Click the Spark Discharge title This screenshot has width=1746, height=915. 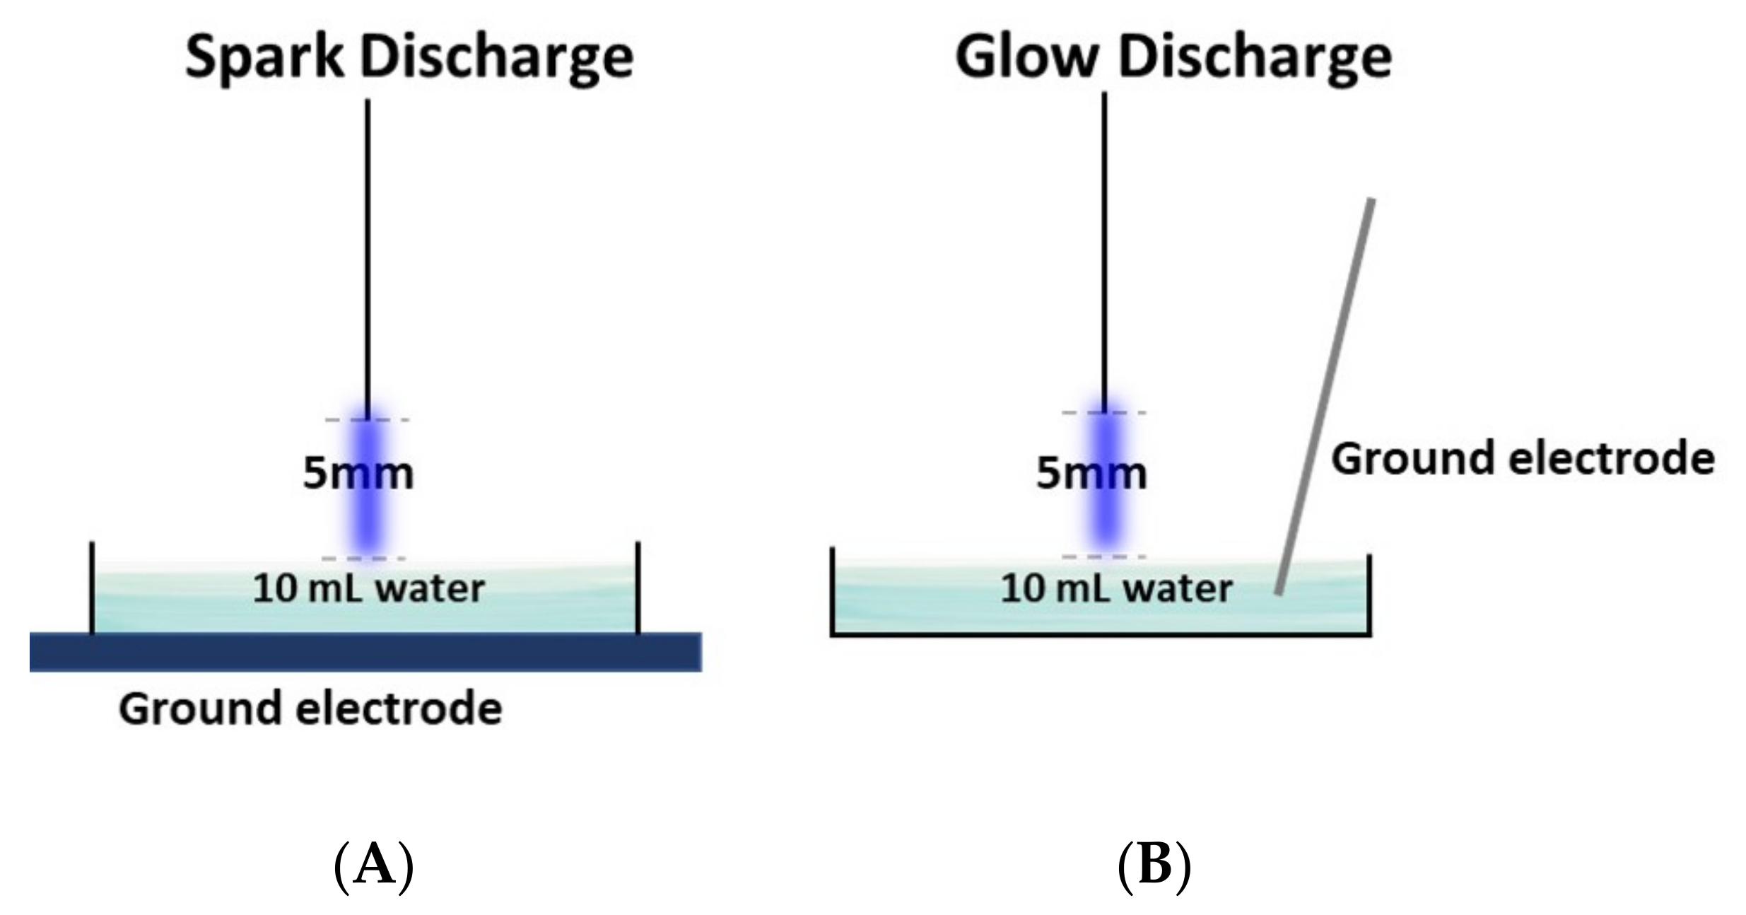tap(409, 58)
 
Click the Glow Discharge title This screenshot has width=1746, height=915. tap(1173, 58)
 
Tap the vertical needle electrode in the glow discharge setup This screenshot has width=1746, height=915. tap(1104, 247)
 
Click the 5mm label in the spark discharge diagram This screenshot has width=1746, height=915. tap(358, 473)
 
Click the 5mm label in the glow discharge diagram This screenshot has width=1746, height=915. tap(1091, 473)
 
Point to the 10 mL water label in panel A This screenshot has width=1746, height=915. tap(368, 588)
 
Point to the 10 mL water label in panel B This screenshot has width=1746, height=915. tap(1115, 588)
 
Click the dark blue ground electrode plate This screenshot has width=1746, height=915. tap(365, 651)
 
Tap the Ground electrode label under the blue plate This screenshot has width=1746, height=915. tap(310, 709)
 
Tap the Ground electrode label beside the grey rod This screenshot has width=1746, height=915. tap(1523, 458)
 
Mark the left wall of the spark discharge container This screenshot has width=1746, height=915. tap(92, 587)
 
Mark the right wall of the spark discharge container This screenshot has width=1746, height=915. tap(638, 587)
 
